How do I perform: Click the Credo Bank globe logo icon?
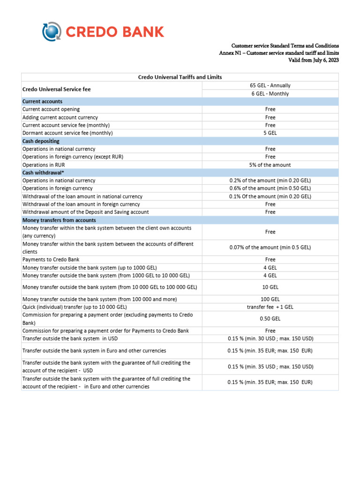[52, 32]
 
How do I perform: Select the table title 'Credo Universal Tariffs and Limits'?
[180, 77]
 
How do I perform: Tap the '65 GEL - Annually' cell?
[270, 85]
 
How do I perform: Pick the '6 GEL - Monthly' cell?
[270, 93]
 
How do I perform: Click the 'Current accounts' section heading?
[42, 101]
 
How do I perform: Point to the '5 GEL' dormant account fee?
[270, 133]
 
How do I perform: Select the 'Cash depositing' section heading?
[41, 141]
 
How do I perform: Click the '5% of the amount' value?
[270, 165]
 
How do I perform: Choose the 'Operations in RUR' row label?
[44, 165]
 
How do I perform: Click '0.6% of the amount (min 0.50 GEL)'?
[270, 188]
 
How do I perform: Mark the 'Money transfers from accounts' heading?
[59, 220]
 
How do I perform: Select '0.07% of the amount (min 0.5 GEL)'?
[270, 247]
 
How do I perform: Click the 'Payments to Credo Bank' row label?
[50, 259]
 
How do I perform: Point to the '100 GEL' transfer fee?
[270, 299]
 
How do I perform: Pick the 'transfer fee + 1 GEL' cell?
[270, 307]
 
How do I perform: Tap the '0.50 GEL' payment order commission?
[270, 319]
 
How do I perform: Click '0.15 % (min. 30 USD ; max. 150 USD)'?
[270, 338]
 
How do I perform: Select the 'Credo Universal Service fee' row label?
[57, 89]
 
